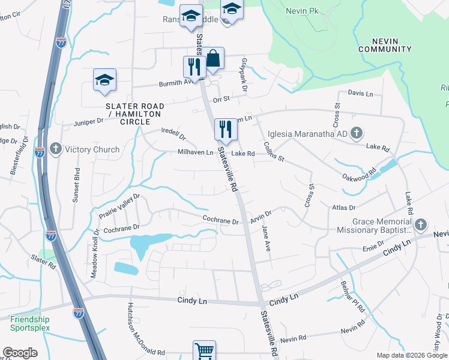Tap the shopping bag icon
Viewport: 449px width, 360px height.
pyautogui.click(x=213, y=59)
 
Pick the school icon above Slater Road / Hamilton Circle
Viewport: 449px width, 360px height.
pyautogui.click(x=104, y=80)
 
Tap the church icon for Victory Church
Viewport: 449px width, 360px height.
pyautogui.click(x=55, y=149)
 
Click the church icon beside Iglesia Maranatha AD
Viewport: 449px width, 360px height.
pyautogui.click(x=356, y=133)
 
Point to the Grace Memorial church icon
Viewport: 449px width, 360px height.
pyautogui.click(x=420, y=225)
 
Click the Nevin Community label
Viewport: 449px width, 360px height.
pyautogui.click(x=385, y=44)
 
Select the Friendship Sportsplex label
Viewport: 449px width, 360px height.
pyautogui.click(x=30, y=324)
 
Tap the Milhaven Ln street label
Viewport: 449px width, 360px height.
pyautogui.click(x=195, y=153)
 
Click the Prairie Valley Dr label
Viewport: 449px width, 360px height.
pyautogui.click(x=119, y=205)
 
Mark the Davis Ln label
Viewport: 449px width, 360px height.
pyautogui.click(x=360, y=94)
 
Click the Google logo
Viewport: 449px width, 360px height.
pyautogui.click(x=20, y=353)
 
